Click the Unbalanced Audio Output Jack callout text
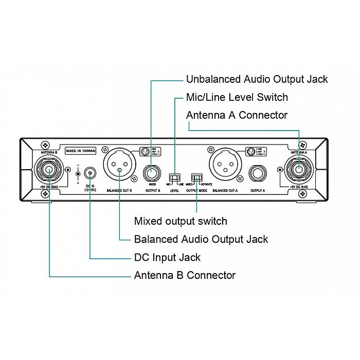coord(256,79)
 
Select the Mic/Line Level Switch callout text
coord(237,97)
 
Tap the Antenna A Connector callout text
coord(237,115)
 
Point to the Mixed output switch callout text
coord(180,221)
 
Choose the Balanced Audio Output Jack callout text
coord(201,239)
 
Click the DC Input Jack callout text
coord(167,257)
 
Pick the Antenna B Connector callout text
coord(185,275)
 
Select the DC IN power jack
coord(91,173)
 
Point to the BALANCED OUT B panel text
coord(119,190)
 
